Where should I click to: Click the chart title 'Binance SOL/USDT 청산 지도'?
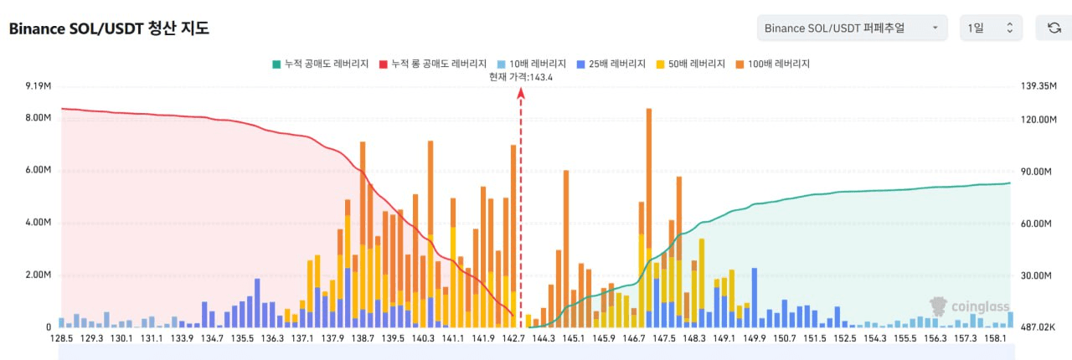click(109, 28)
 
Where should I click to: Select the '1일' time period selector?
click(990, 28)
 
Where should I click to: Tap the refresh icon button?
click(1054, 28)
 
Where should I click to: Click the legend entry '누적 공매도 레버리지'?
click(320, 64)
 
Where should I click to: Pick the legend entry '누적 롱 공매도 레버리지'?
click(433, 64)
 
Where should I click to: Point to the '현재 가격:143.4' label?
click(521, 77)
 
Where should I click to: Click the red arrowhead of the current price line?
click(521, 94)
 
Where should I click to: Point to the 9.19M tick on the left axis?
click(39, 86)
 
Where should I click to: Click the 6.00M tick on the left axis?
click(39, 170)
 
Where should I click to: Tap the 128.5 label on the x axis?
click(61, 339)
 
